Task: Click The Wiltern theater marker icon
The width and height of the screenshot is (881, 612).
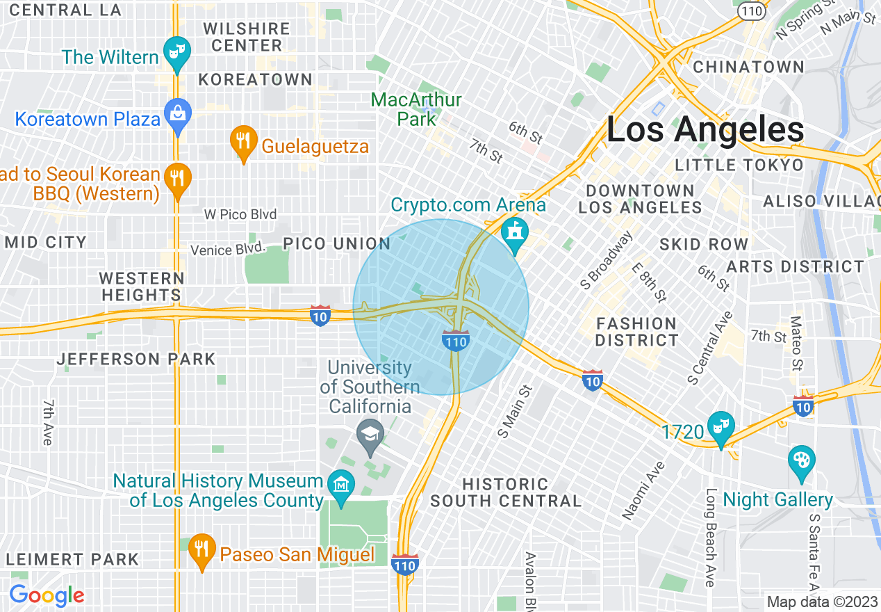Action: click(177, 52)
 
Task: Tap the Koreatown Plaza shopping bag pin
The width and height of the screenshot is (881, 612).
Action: click(177, 113)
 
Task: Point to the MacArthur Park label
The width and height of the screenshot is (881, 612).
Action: click(416, 109)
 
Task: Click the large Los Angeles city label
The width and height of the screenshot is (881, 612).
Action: click(705, 130)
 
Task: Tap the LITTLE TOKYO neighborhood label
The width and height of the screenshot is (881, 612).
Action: click(739, 165)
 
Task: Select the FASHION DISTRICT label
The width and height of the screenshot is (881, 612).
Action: click(636, 332)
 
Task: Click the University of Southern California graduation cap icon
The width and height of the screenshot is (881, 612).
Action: click(370, 435)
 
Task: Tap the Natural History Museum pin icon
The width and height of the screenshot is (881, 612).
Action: click(341, 483)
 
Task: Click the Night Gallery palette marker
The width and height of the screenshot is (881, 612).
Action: click(802, 461)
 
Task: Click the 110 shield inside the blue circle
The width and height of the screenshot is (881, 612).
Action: click(455, 340)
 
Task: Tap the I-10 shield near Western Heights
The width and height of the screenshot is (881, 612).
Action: click(320, 314)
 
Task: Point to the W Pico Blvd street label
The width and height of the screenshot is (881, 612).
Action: click(240, 214)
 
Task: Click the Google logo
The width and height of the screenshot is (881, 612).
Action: click(47, 596)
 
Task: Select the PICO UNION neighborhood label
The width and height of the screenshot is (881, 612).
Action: click(337, 243)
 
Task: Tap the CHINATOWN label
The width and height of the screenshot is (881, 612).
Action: click(749, 67)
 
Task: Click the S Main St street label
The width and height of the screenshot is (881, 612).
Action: click(514, 412)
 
